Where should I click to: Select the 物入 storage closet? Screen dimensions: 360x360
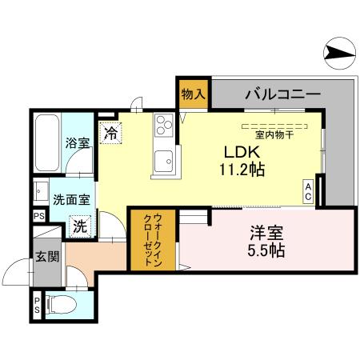194,94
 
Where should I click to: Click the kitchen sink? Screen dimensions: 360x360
166,158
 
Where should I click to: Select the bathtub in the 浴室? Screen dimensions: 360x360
46,145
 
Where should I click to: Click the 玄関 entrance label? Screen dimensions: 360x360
46,257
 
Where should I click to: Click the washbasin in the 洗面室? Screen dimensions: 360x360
40,192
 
